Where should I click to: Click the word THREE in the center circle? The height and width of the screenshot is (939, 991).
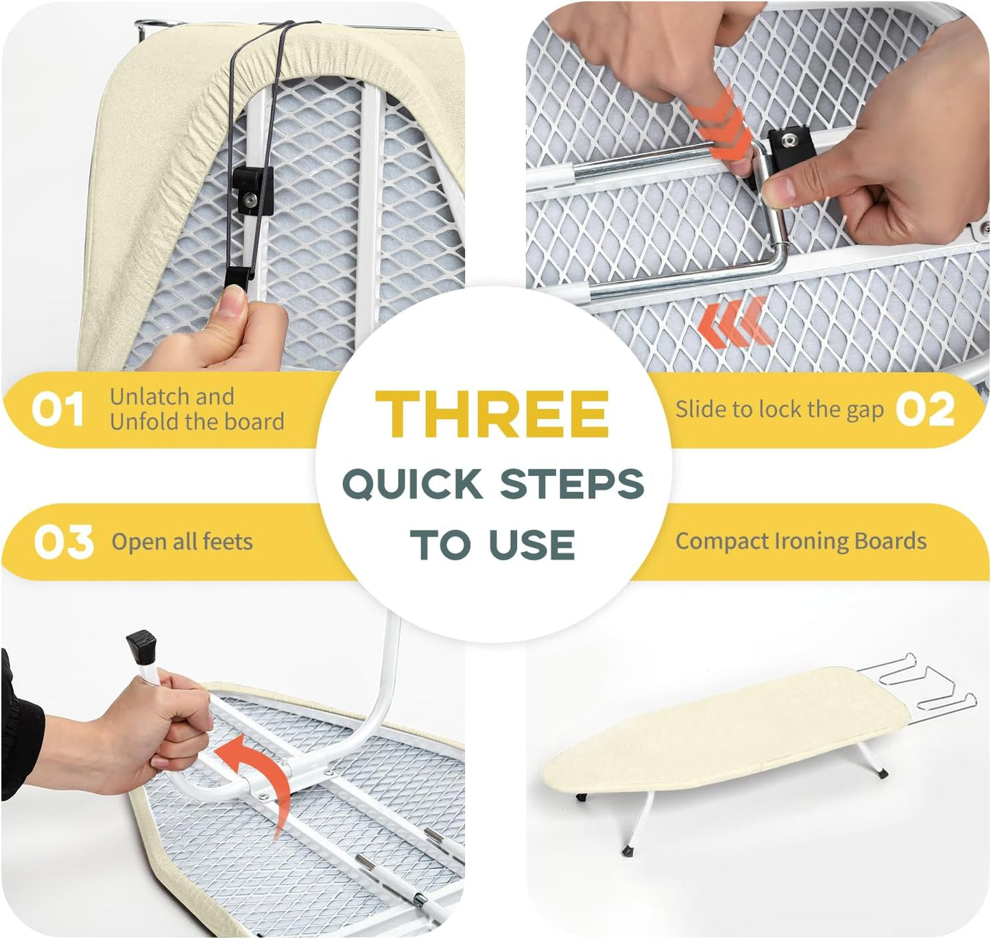coord(492,414)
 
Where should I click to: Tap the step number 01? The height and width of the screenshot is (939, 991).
coord(58,409)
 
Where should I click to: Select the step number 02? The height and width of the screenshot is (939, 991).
coord(925,409)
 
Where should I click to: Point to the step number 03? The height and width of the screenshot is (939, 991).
coord(63,542)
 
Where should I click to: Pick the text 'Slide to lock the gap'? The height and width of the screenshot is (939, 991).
coord(779,409)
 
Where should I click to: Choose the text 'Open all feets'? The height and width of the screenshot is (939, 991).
coord(182,542)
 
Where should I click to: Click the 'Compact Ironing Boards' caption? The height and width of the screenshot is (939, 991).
coord(800,541)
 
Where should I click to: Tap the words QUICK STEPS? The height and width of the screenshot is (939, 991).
coord(493,484)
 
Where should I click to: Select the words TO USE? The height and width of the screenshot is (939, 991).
coord(492,545)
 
